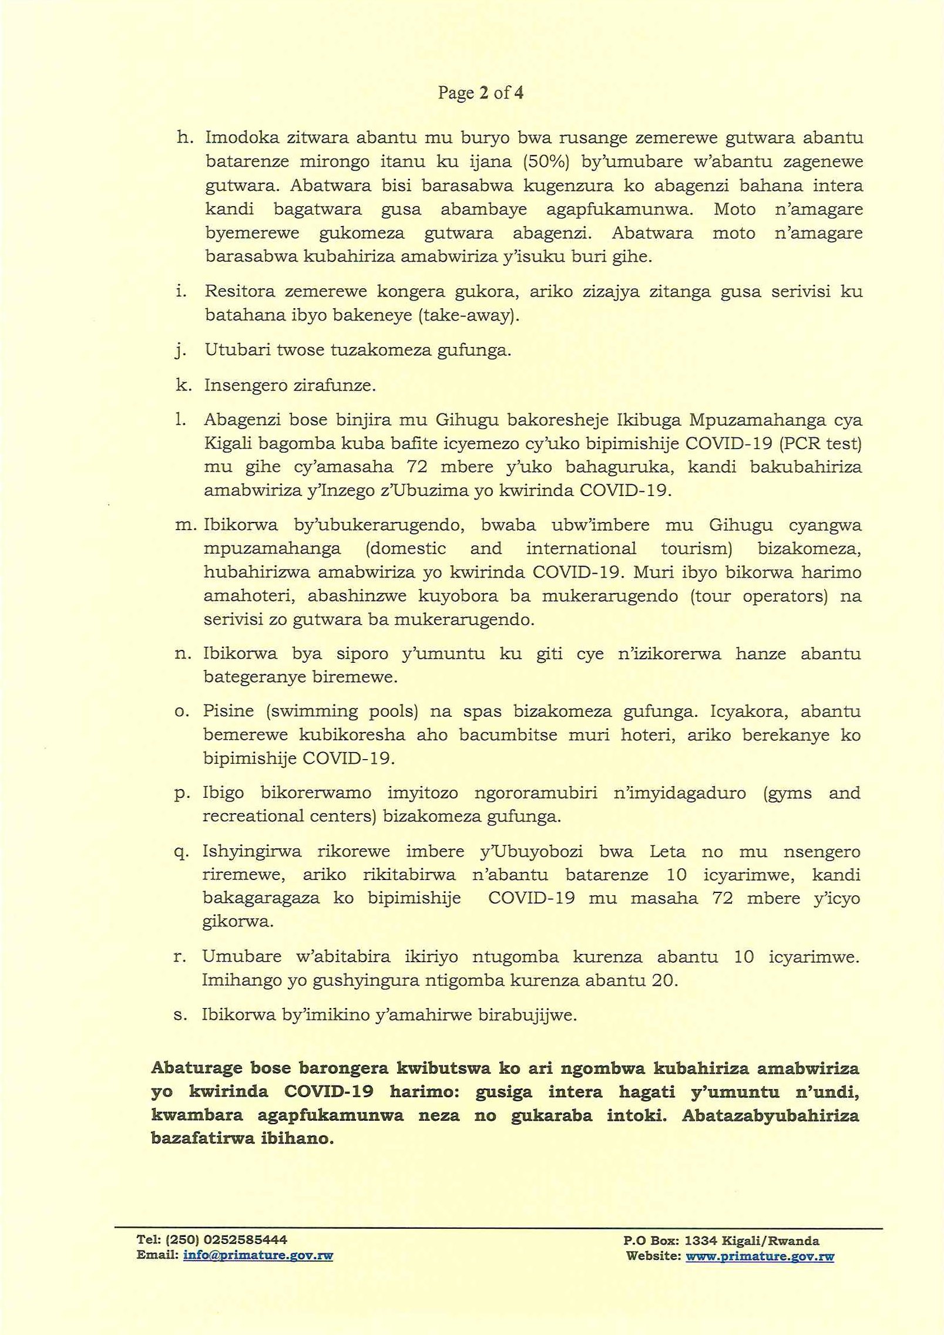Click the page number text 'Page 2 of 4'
click(x=480, y=93)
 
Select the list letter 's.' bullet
click(x=180, y=1016)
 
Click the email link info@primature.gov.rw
click(x=258, y=1256)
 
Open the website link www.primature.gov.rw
click(x=760, y=1256)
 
